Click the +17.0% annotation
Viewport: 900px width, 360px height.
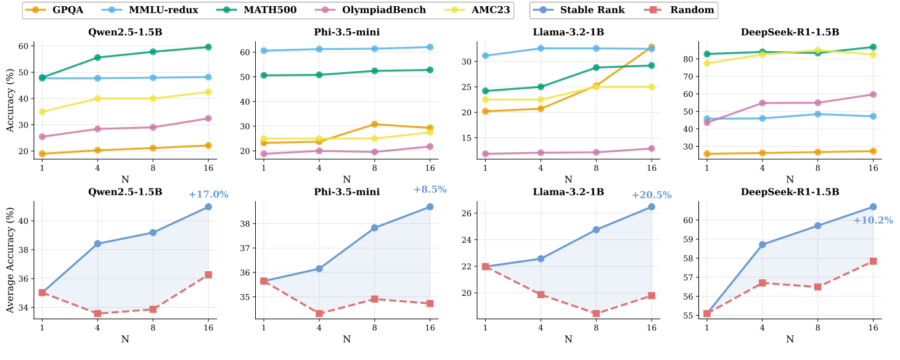pyautogui.click(x=209, y=195)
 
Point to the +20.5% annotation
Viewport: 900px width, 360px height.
pyautogui.click(x=652, y=195)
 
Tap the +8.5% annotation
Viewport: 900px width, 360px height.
pyautogui.click(x=430, y=189)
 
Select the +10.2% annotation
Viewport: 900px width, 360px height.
pyautogui.click(x=873, y=220)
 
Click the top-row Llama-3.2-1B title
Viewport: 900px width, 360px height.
pyautogui.click(x=568, y=32)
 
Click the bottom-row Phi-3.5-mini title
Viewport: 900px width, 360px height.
pyautogui.click(x=346, y=192)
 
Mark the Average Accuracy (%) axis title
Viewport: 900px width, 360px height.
pyautogui.click(x=10, y=260)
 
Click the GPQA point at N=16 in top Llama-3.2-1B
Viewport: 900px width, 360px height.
pyautogui.click(x=652, y=47)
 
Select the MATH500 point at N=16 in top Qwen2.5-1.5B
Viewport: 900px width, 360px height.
pyautogui.click(x=208, y=47)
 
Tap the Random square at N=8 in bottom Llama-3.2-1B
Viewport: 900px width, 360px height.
pyautogui.click(x=596, y=314)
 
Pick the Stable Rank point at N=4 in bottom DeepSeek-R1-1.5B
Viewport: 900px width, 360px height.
pyautogui.click(x=762, y=245)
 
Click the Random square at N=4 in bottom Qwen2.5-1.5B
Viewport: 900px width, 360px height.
pyautogui.click(x=97, y=314)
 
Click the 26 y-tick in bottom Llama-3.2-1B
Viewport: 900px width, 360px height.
pyautogui.click(x=467, y=213)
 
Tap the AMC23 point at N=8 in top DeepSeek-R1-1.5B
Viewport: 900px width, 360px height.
pyautogui.click(x=817, y=51)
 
